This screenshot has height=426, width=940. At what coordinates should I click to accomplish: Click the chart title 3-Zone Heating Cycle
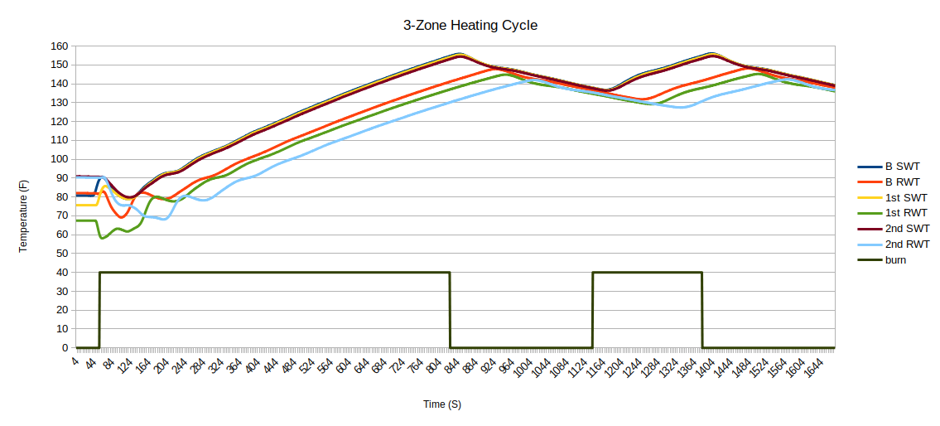[x=470, y=26]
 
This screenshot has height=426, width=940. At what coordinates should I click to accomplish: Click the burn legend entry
[x=896, y=259]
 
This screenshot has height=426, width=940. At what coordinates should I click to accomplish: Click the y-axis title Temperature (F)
[x=24, y=217]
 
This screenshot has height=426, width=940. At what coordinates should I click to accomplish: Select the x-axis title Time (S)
[x=442, y=404]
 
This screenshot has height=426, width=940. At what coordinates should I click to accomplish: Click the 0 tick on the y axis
[x=65, y=348]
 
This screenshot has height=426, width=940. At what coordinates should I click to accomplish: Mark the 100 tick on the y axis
[x=59, y=159]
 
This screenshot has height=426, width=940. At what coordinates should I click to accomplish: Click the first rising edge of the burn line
[x=99, y=310]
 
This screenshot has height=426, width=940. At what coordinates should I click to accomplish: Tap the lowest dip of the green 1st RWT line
[x=102, y=238]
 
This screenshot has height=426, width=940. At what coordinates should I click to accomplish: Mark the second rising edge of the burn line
[x=593, y=310]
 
